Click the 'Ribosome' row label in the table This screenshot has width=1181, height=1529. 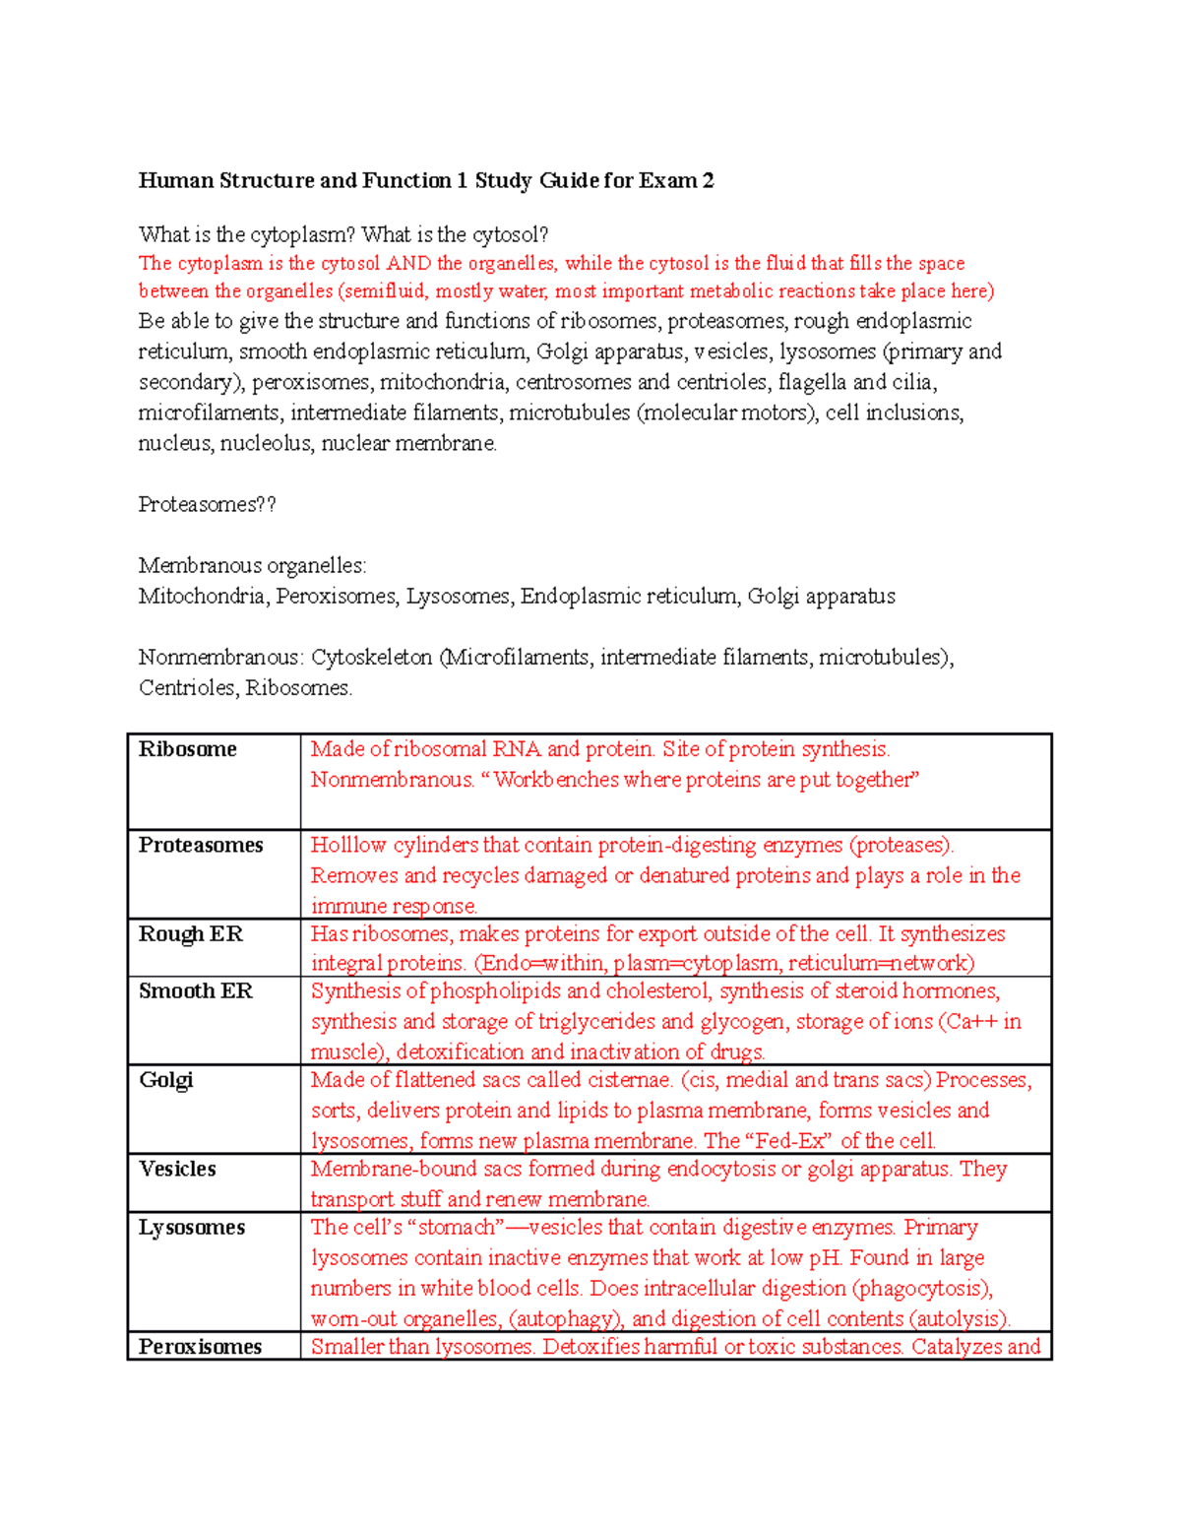(x=188, y=749)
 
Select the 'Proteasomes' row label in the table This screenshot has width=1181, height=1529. (x=201, y=846)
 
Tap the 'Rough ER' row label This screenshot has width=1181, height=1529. (x=190, y=934)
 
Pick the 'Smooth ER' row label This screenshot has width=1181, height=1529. (x=195, y=991)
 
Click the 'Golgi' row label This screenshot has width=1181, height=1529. (x=165, y=1080)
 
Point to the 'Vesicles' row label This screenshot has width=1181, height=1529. (x=177, y=1170)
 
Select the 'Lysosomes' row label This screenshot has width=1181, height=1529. (x=192, y=1228)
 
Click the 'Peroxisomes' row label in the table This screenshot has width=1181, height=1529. (x=200, y=1347)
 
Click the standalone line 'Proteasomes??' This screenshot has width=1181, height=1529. (x=207, y=505)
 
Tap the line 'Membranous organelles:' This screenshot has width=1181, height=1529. (x=252, y=566)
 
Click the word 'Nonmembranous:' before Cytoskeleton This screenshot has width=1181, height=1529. (x=220, y=658)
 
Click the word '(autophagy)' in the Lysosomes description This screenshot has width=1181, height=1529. (x=566, y=1319)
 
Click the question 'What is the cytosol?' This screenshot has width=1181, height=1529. (x=455, y=235)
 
